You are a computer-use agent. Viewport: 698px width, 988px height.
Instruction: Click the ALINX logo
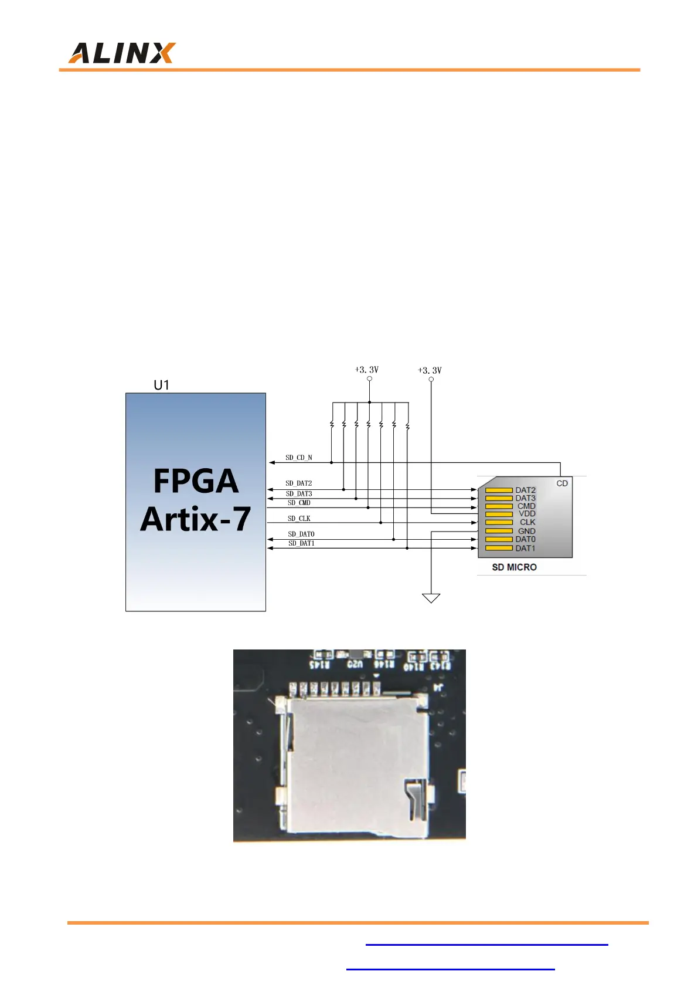tap(122, 53)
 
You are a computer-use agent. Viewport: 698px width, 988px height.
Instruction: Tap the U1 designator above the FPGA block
tap(161, 385)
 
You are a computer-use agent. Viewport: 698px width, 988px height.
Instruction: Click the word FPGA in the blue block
tap(196, 481)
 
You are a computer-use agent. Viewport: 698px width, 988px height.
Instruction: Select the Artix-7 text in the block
tap(196, 519)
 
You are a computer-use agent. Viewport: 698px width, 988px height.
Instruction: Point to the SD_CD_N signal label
tap(299, 458)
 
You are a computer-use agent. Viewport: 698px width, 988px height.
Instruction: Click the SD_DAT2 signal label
tap(299, 483)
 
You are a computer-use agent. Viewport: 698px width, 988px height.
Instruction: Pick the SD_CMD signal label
tap(299, 503)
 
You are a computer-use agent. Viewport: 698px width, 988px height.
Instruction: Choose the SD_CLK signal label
tap(299, 519)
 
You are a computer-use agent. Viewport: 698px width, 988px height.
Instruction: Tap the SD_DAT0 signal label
tap(301, 534)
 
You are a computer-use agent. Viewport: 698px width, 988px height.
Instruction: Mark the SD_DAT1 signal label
tap(301, 543)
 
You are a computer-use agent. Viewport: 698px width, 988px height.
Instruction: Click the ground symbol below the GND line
tap(431, 598)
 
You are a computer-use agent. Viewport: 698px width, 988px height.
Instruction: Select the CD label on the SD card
tap(562, 483)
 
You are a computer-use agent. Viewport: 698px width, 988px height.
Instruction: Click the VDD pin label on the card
tap(527, 514)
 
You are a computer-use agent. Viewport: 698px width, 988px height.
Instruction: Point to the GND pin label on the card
tap(526, 531)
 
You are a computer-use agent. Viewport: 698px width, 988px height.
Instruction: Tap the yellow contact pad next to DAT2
tap(499, 490)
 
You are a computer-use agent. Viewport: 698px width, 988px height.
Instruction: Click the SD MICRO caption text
tap(514, 567)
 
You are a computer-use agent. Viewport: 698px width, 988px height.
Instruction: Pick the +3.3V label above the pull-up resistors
tap(367, 370)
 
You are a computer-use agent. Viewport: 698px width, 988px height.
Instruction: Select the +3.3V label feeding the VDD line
tap(430, 370)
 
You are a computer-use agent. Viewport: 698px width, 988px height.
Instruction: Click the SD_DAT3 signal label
tap(299, 494)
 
